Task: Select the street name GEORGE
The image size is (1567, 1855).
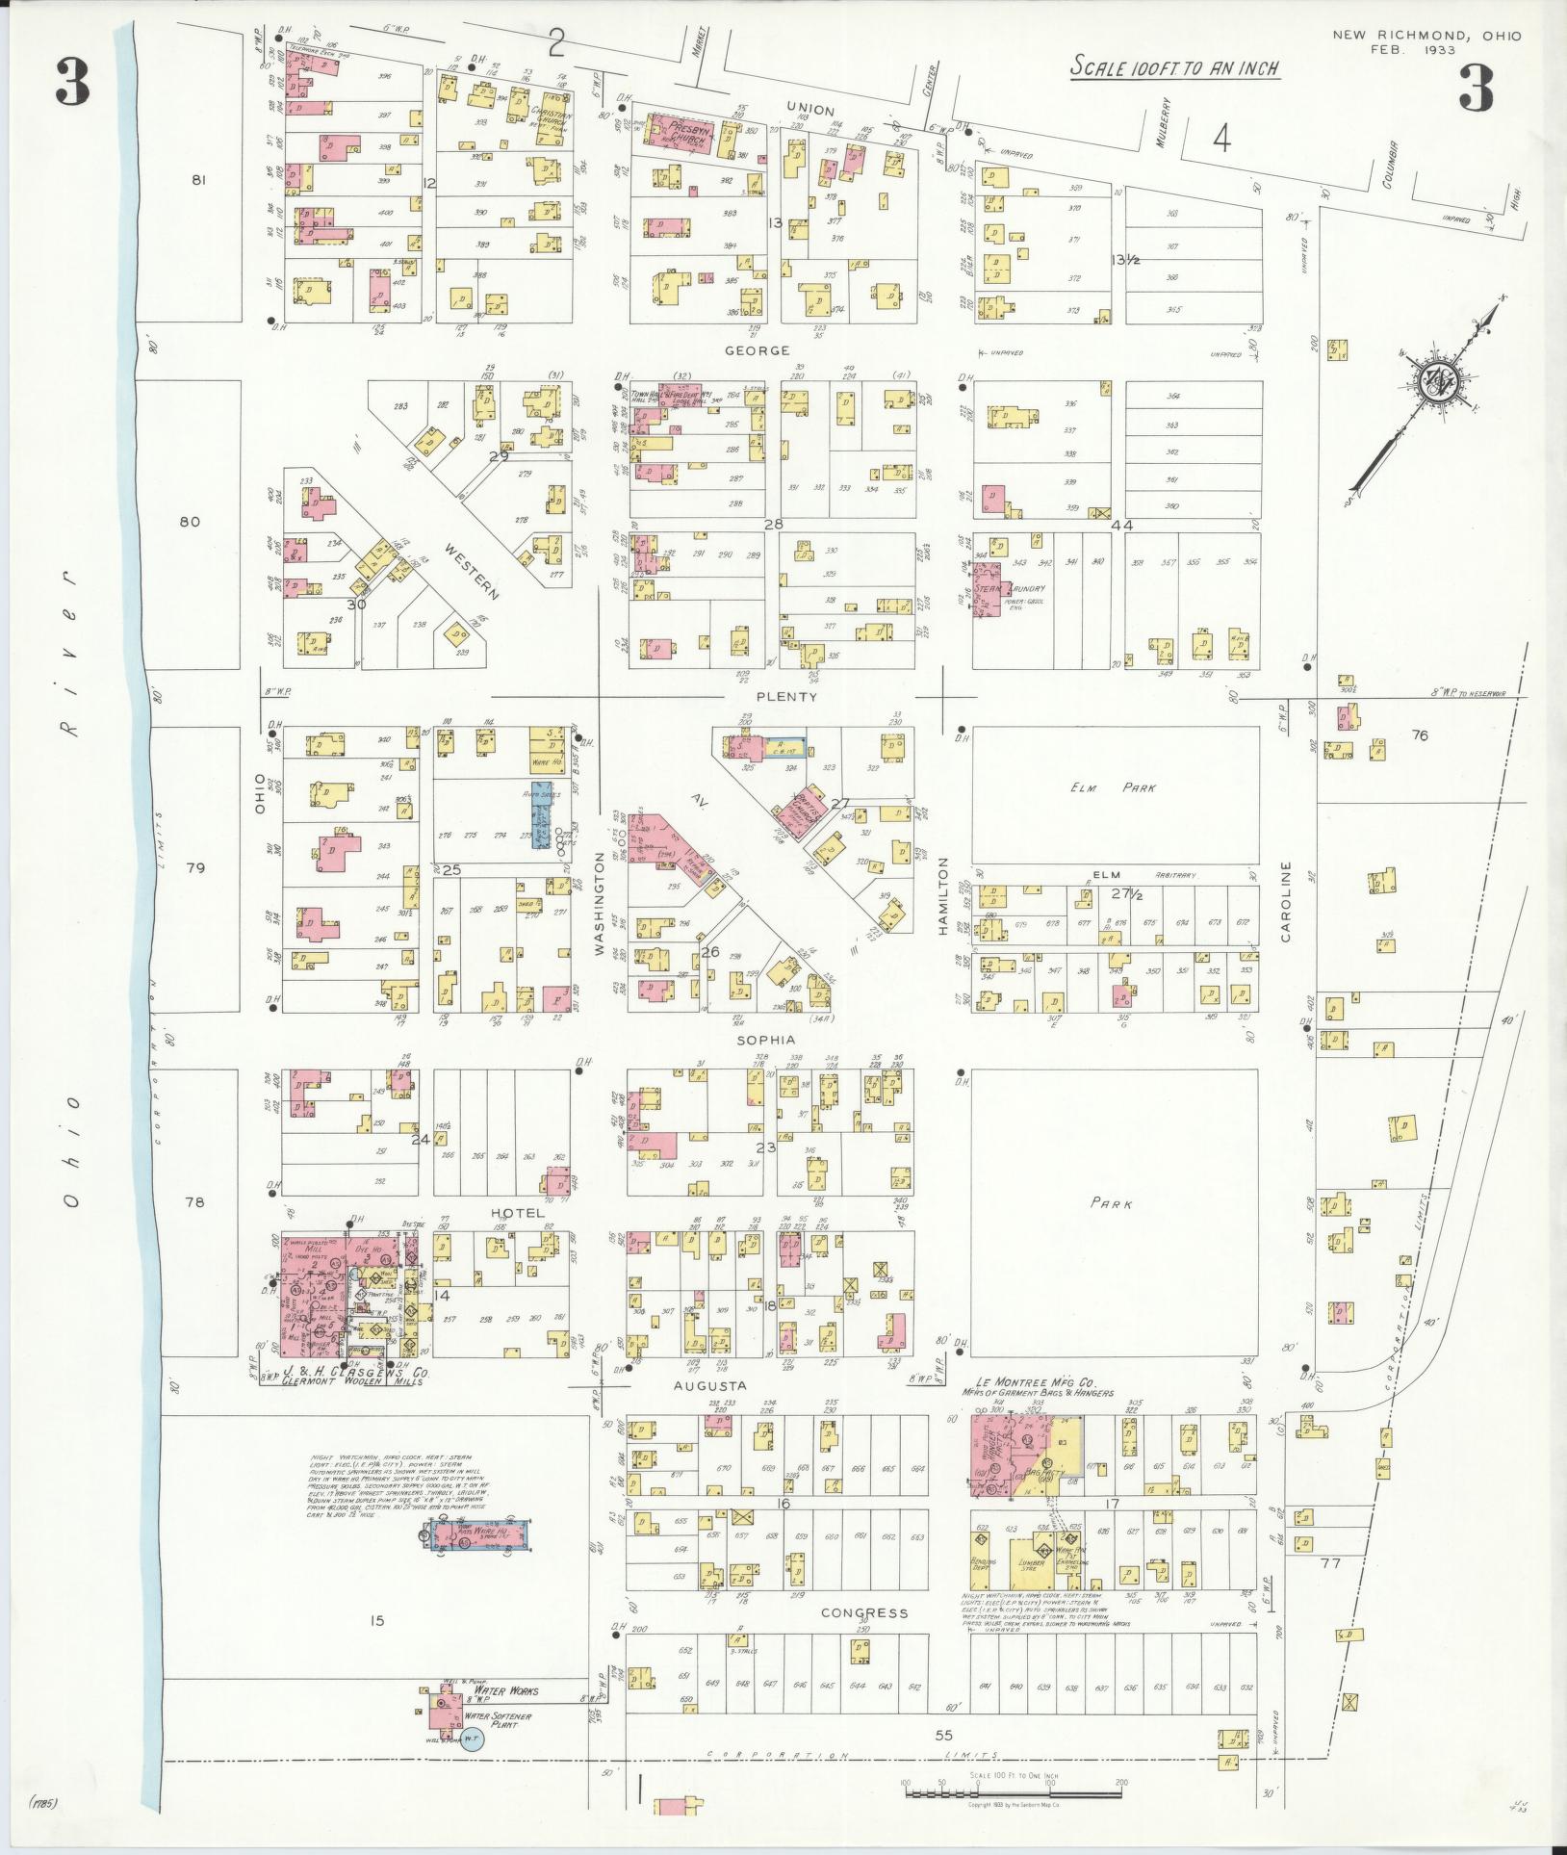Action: (758, 351)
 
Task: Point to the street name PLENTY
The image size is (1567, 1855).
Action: (786, 697)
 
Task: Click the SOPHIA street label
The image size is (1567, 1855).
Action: (765, 1041)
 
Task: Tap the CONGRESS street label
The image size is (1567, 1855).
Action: (863, 1611)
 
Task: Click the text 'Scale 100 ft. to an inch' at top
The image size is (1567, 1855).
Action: (1175, 68)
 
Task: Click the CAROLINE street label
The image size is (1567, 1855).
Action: (1286, 900)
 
